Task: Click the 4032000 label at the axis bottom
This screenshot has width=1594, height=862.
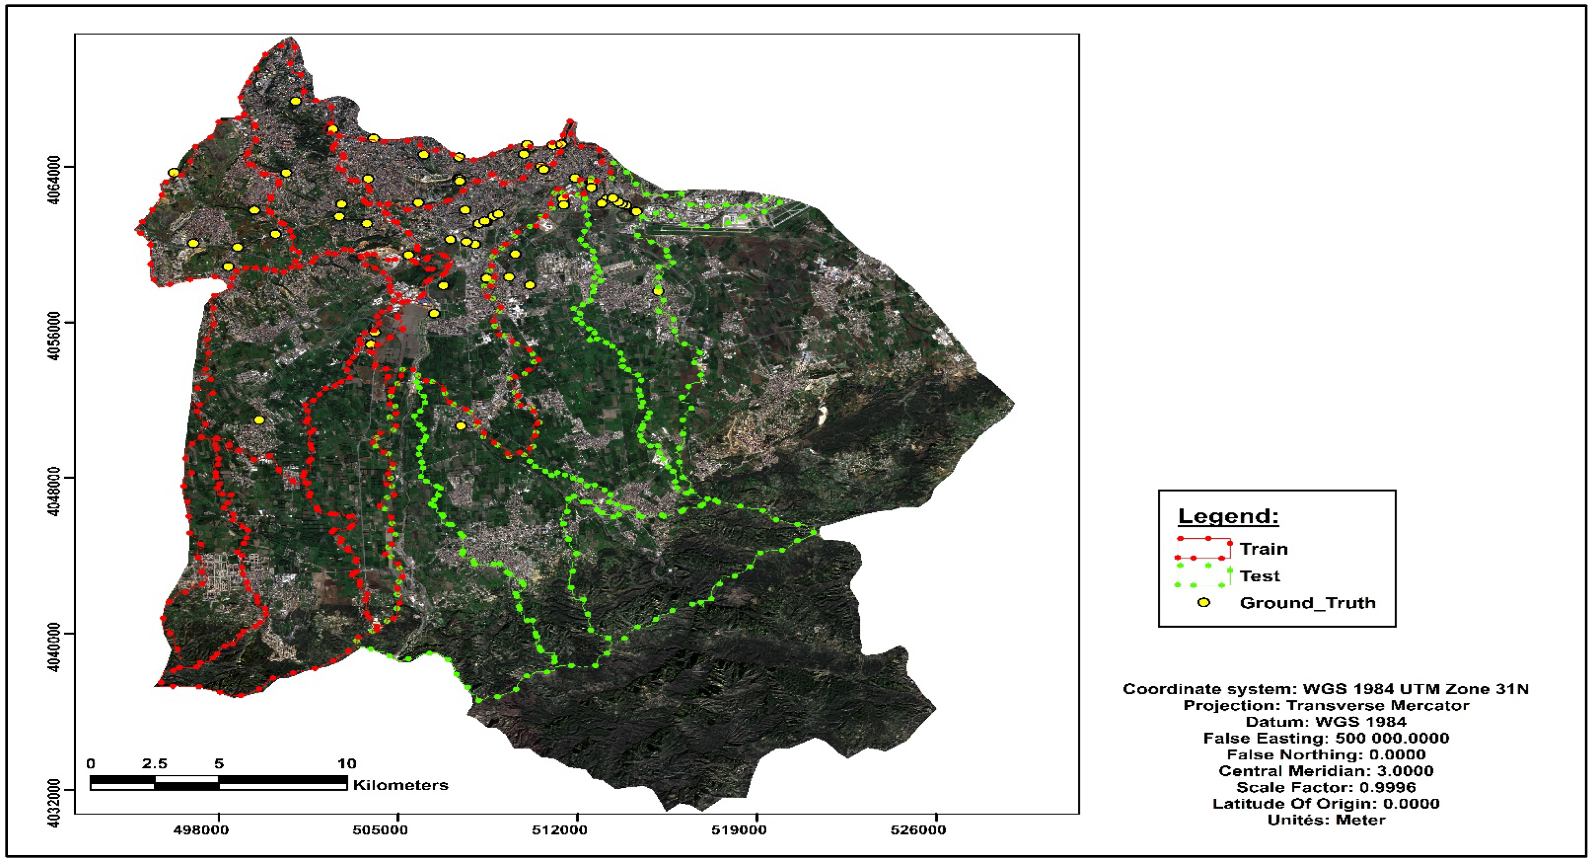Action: [x=54, y=803]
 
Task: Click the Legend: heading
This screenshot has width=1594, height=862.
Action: [x=1228, y=516]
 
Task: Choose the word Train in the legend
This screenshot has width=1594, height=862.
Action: [x=1264, y=549]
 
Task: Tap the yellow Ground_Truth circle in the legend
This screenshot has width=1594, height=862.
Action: [x=1203, y=602]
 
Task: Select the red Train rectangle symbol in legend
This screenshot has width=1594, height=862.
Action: [x=1203, y=548]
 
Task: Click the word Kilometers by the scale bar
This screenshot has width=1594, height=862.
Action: [x=401, y=785]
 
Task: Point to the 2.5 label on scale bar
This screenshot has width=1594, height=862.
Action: [x=154, y=763]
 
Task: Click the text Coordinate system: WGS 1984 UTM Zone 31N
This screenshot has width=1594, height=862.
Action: [x=1325, y=689]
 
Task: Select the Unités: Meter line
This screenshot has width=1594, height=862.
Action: [x=1325, y=820]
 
